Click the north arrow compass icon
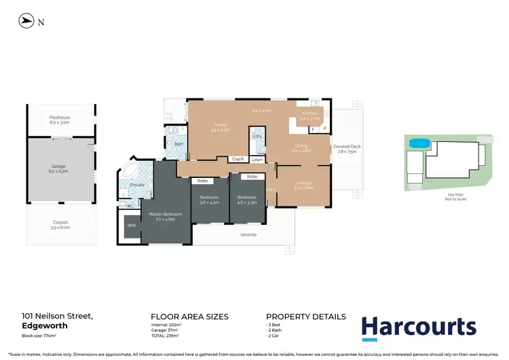26,21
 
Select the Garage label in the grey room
59,166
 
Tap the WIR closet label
131,225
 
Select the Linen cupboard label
257,160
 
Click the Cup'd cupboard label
238,159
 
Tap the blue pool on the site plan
419,143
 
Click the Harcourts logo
418,327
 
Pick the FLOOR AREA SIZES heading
189,317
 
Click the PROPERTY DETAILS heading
305,317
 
